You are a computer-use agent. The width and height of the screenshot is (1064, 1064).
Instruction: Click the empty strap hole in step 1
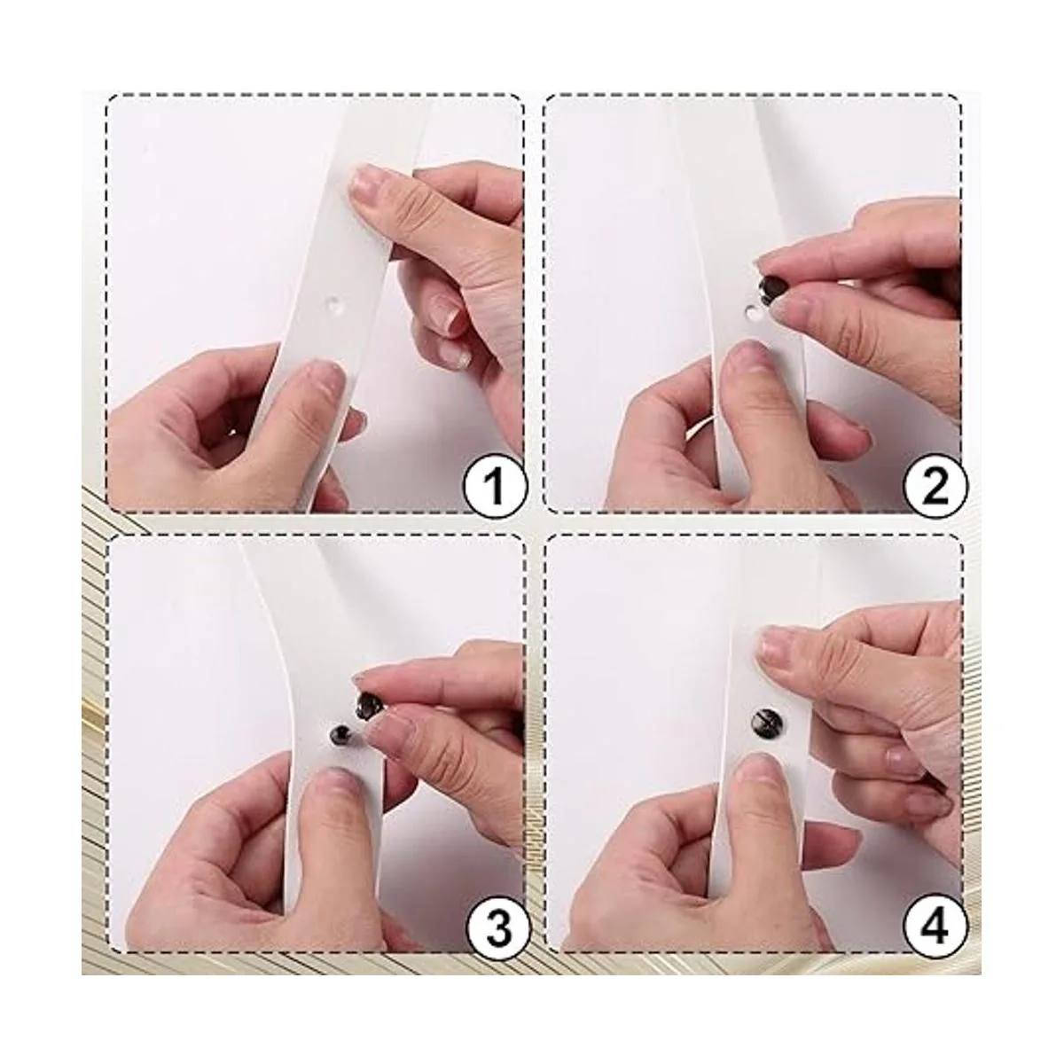click(x=335, y=304)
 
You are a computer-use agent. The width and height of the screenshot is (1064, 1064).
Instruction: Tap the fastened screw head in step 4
click(x=763, y=722)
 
